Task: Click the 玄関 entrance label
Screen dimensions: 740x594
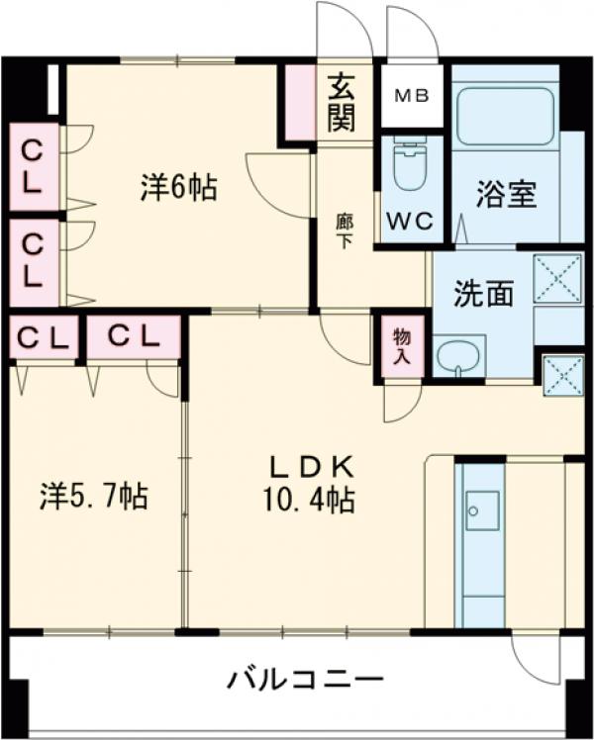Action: (342, 103)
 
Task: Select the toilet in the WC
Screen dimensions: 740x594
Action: (408, 168)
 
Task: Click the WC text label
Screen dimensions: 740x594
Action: (410, 222)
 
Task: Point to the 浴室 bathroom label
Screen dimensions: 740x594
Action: (506, 194)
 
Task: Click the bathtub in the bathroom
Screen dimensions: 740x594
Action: (504, 117)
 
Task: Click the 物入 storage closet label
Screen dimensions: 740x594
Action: (401, 346)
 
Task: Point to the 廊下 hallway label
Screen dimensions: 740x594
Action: (344, 231)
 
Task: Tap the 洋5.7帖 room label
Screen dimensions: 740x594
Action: (94, 495)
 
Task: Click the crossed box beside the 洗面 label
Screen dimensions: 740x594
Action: (557, 278)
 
